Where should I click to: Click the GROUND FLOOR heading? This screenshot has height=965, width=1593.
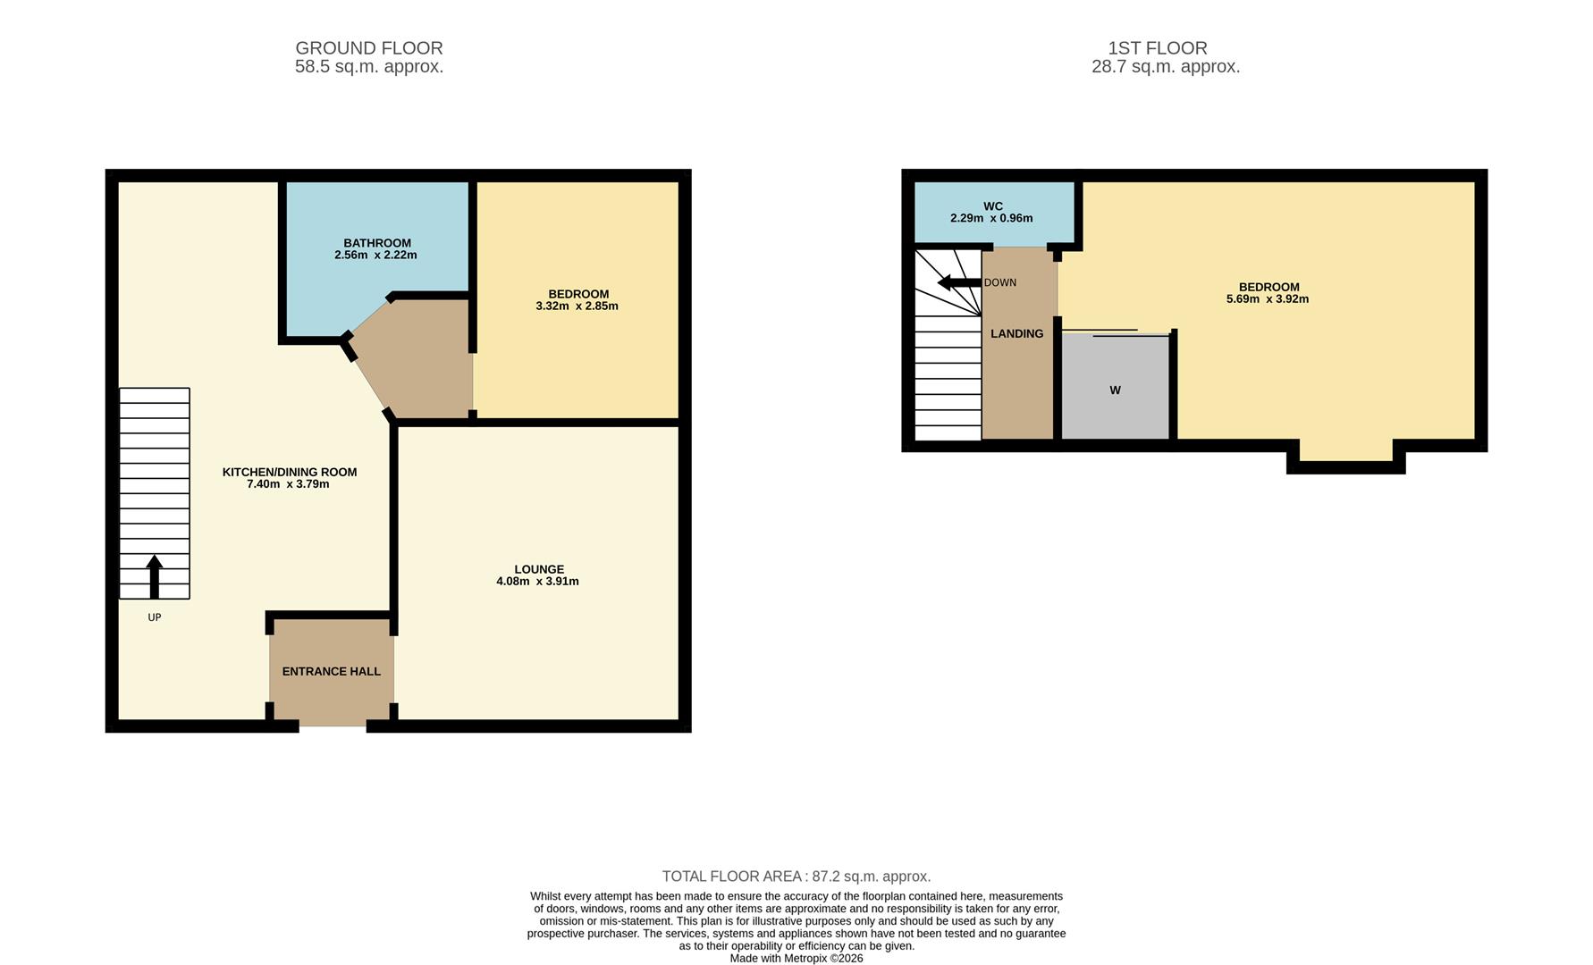click(x=368, y=48)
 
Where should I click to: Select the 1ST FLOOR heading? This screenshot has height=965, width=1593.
click(x=1157, y=48)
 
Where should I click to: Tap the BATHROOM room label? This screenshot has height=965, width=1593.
click(x=377, y=243)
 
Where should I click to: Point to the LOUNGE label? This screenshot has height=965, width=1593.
click(x=539, y=569)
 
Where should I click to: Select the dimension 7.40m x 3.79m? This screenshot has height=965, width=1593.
click(x=288, y=484)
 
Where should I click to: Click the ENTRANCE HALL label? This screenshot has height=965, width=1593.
click(x=332, y=672)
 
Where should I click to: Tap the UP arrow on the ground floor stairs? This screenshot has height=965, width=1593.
click(x=154, y=575)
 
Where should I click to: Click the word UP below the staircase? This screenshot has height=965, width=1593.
click(x=154, y=617)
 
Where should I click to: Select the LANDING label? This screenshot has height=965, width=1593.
click(x=1016, y=334)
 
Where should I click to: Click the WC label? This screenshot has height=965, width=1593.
click(x=992, y=206)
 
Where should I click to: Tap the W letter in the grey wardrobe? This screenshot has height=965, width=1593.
click(x=1115, y=390)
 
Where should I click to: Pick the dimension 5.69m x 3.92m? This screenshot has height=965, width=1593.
click(x=1267, y=299)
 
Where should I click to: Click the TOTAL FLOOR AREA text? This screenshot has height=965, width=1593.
click(x=796, y=877)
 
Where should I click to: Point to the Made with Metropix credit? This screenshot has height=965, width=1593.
click(x=796, y=958)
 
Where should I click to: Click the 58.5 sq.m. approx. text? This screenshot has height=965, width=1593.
click(x=368, y=67)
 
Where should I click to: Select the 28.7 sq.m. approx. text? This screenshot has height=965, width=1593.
click(x=1165, y=67)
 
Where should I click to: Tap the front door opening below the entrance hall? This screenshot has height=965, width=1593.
click(x=333, y=726)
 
